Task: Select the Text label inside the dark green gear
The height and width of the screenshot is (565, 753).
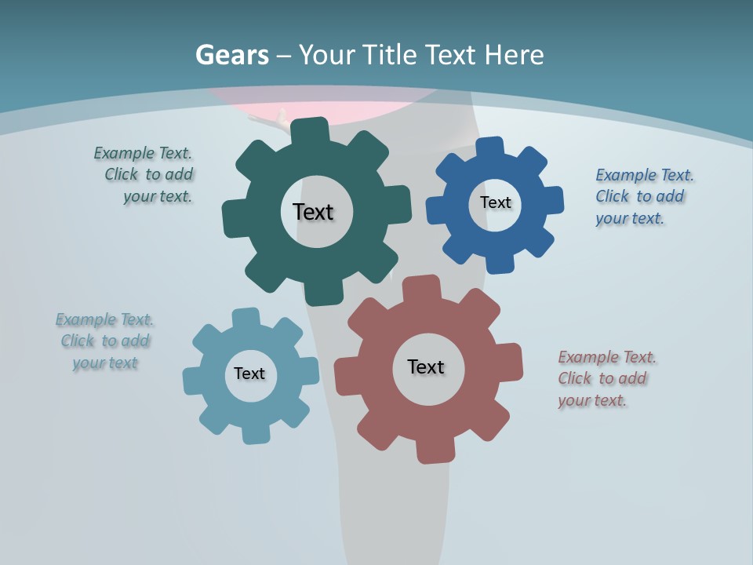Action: click(313, 212)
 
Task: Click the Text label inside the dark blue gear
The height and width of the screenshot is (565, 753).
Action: click(495, 202)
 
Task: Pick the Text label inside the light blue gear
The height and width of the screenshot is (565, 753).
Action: click(249, 374)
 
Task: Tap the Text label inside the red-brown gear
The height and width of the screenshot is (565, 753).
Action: click(426, 366)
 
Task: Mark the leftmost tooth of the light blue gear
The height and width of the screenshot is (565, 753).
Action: click(193, 381)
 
